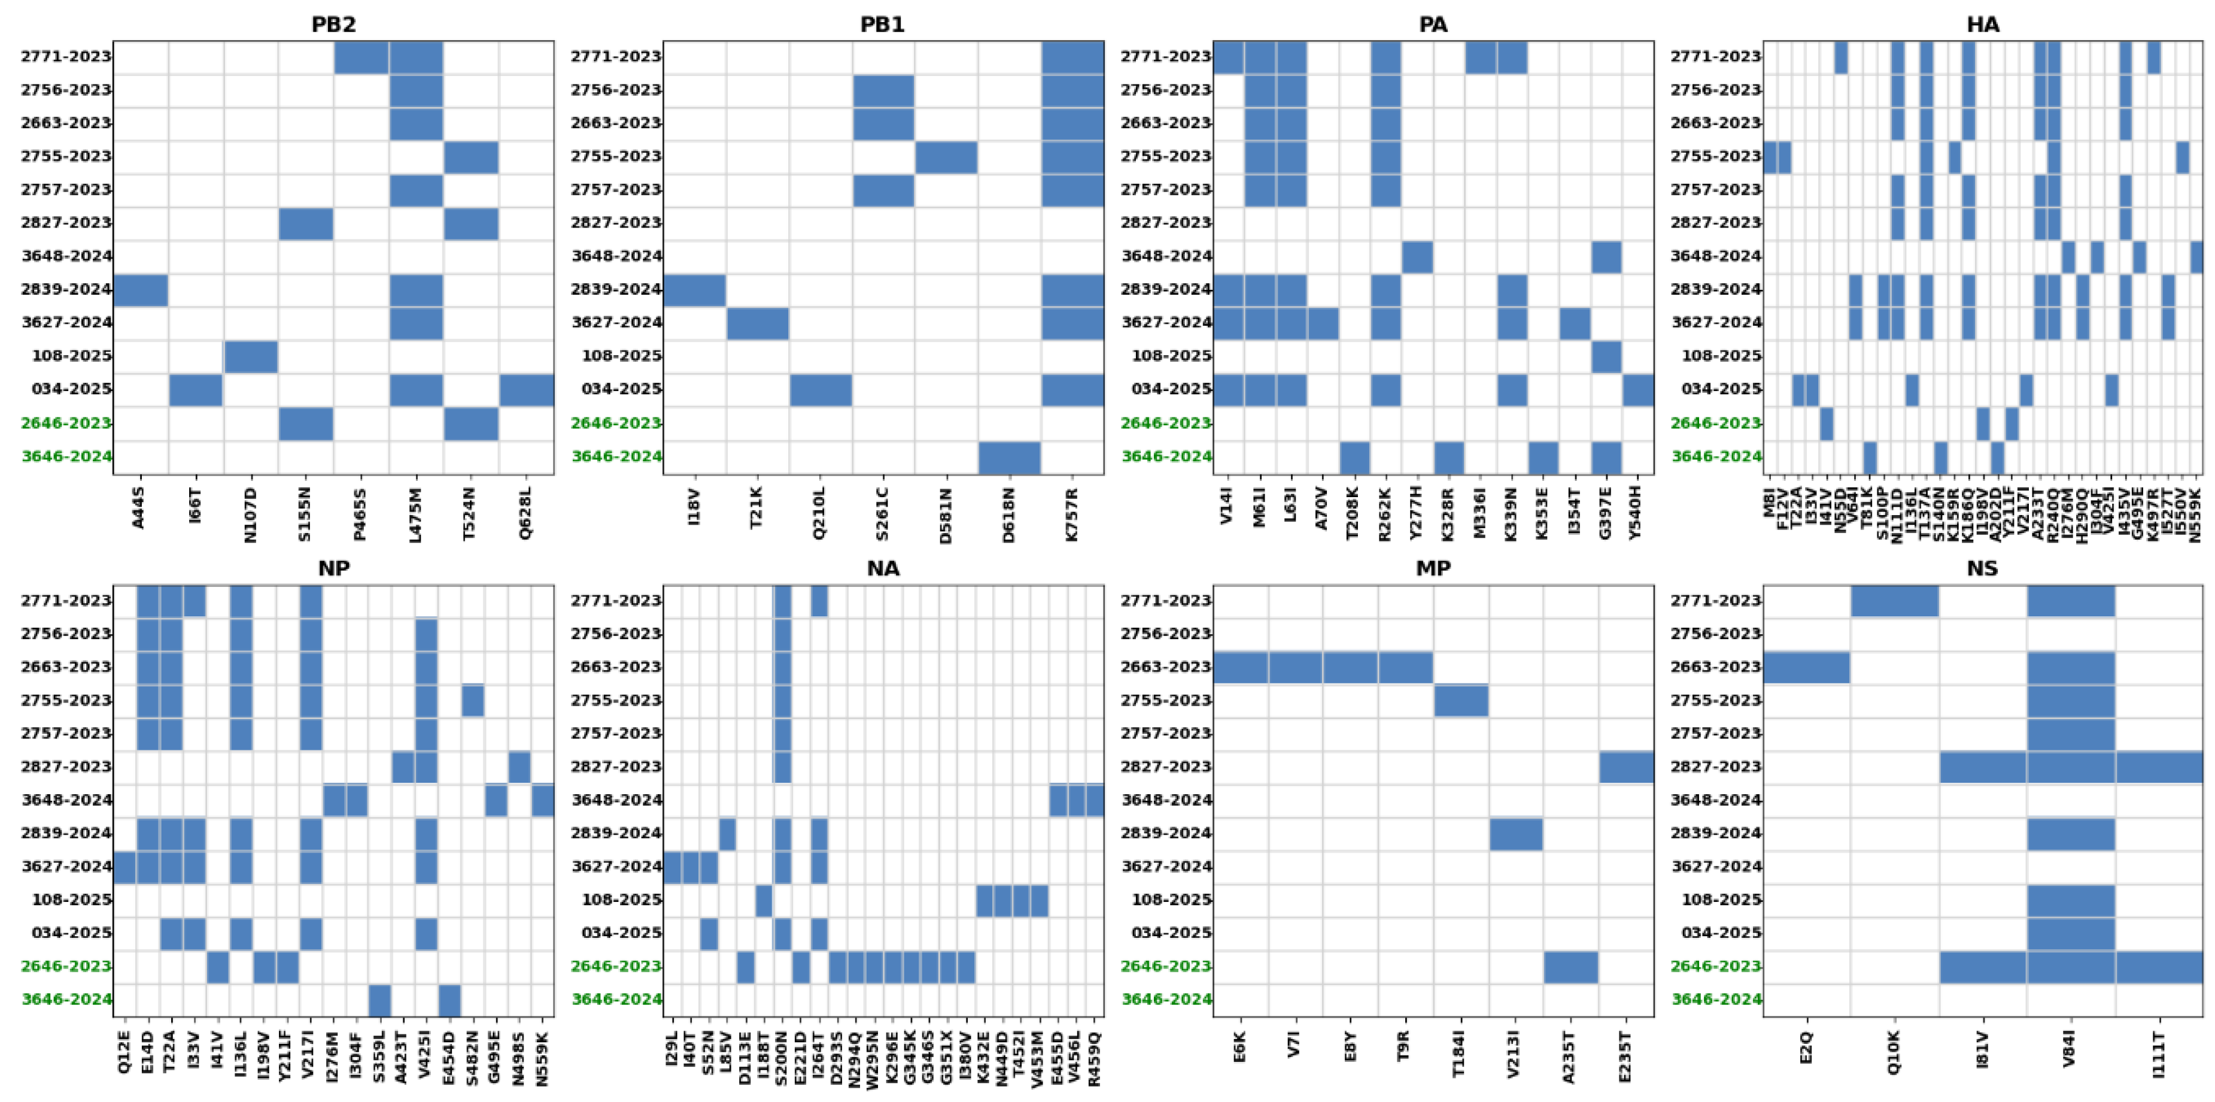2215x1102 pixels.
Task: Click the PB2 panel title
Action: pyautogui.click(x=333, y=24)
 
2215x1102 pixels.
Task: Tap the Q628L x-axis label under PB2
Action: pyautogui.click(x=525, y=513)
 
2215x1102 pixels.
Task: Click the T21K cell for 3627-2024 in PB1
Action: pyautogui.click(x=758, y=323)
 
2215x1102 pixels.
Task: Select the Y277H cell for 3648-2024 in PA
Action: pyautogui.click(x=1417, y=256)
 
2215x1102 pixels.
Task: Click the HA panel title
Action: pyautogui.click(x=1982, y=24)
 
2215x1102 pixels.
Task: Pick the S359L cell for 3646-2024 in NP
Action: pyautogui.click(x=380, y=1000)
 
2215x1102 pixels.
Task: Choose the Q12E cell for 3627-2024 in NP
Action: pyautogui.click(x=124, y=866)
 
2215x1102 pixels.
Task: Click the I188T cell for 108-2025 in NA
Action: pyautogui.click(x=762, y=900)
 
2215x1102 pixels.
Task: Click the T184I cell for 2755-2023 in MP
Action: pyautogui.click(x=1461, y=700)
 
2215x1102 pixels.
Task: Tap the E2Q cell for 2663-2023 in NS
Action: pyautogui.click(x=1807, y=667)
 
